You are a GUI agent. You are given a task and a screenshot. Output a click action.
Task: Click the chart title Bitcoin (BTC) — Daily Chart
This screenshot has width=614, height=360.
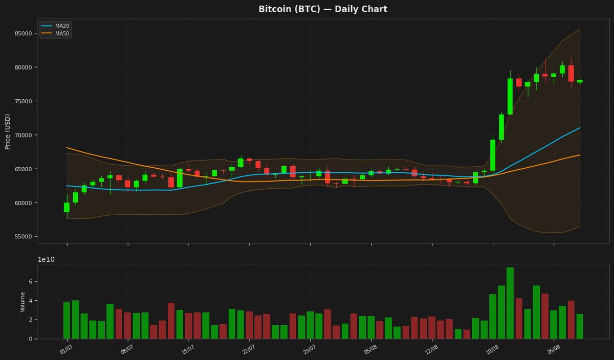(323, 9)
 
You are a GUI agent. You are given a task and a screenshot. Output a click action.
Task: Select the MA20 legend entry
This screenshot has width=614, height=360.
(55, 26)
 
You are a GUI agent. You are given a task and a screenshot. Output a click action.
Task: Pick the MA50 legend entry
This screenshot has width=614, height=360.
(55, 33)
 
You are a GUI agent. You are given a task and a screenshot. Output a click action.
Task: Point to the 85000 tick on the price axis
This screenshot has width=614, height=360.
(24, 33)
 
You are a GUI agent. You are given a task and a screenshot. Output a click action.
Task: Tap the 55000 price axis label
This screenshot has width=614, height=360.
(24, 237)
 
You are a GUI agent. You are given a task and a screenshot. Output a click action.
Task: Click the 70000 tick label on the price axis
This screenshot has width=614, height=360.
(24, 135)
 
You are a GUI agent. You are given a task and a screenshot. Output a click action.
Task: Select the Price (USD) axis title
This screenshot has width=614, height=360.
(7, 132)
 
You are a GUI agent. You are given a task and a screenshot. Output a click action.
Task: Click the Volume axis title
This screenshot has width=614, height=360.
(23, 302)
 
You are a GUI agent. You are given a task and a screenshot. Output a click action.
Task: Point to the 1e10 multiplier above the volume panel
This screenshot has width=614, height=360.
(46, 259)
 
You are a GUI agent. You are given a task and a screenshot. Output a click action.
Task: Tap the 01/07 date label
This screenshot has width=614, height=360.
(66, 350)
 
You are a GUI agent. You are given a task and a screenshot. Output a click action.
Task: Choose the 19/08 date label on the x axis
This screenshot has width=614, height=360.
(492, 350)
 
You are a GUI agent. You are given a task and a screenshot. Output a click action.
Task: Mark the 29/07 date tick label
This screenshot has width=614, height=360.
(310, 350)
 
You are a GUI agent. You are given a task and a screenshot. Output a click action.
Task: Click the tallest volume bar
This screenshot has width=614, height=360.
(510, 303)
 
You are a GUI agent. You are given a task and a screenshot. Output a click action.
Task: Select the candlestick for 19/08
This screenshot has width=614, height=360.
(493, 155)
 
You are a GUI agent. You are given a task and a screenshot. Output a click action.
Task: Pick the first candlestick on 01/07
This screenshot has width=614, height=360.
(67, 207)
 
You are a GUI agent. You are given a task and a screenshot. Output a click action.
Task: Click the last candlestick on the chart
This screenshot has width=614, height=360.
(580, 81)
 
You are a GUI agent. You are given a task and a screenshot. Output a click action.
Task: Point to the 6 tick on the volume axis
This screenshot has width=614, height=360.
(31, 281)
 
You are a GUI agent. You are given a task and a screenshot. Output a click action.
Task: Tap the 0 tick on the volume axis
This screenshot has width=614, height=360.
(31, 339)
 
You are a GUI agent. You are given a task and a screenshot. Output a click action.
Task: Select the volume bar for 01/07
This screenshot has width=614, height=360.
(67, 321)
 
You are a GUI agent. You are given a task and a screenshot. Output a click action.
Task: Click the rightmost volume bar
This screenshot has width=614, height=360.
(580, 326)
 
